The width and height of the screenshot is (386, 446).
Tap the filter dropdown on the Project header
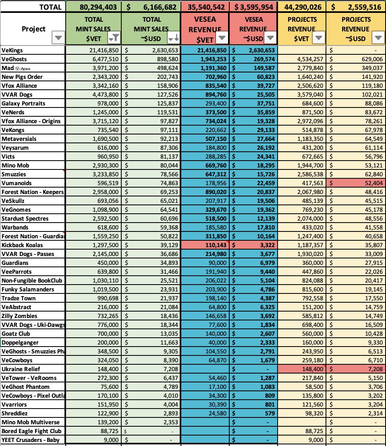pyautogui.click(x=58, y=38)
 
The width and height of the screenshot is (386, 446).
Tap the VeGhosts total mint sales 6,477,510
pyautogui.click(x=104, y=59)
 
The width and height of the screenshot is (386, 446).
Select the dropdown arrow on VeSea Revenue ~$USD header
pyautogui.click(x=270, y=38)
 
